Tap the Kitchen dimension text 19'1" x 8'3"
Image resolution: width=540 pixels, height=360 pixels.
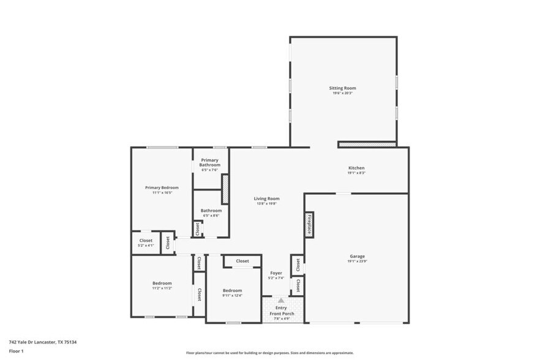(356, 173)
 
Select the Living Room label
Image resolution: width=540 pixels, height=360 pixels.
(267, 198)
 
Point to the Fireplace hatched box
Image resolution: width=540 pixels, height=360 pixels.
(310, 224)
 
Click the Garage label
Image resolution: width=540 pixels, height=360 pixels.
(357, 256)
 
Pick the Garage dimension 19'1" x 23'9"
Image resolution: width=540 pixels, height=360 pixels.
(357, 261)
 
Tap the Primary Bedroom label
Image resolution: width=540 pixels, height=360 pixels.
(162, 187)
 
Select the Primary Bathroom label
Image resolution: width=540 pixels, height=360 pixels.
(210, 162)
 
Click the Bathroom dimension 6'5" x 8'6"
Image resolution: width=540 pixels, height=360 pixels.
(211, 216)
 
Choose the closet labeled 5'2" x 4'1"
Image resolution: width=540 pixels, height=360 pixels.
(146, 243)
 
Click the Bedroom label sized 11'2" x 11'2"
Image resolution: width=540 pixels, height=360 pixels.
(162, 283)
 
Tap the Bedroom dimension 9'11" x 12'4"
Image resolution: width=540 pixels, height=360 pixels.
(233, 296)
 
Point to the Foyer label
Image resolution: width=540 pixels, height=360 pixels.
(276, 272)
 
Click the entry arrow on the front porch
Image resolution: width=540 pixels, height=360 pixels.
(281, 301)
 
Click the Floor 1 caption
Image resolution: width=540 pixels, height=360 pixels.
(16, 351)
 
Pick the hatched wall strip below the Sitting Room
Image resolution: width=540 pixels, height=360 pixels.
(367, 144)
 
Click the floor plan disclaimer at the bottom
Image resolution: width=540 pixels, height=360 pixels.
(269, 353)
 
